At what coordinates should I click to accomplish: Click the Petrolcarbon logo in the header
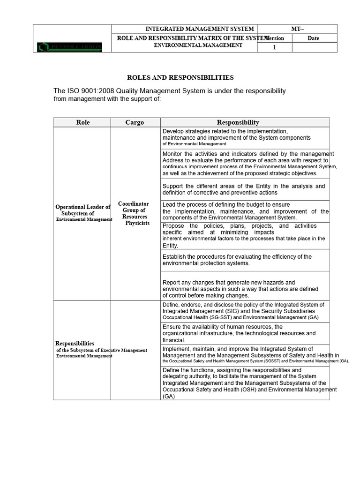click(x=69, y=47)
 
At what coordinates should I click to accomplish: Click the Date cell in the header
click(x=313, y=38)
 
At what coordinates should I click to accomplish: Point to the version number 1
click(x=274, y=47)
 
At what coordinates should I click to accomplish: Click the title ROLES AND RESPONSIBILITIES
click(x=180, y=77)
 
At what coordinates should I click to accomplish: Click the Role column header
click(x=82, y=122)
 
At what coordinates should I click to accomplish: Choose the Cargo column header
click(x=135, y=122)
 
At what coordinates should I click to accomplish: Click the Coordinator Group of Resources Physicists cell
click(x=134, y=214)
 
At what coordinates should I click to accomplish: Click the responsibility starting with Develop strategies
click(x=236, y=137)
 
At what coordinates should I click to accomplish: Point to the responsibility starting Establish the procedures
click(x=237, y=260)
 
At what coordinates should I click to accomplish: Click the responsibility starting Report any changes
click(x=240, y=289)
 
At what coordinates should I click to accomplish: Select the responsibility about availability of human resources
click(x=239, y=333)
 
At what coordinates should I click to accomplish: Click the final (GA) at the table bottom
click(x=168, y=396)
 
